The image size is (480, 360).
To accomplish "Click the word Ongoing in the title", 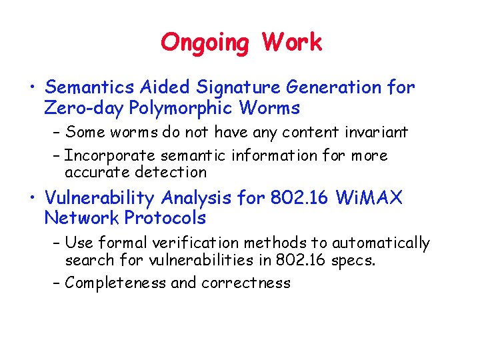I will tap(205, 43).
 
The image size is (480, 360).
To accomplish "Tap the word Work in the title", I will tap(292, 43).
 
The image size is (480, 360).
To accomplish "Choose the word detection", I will tap(171, 172).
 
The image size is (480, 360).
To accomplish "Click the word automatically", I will tap(381, 243).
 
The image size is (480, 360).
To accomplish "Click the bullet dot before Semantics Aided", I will tap(31, 87).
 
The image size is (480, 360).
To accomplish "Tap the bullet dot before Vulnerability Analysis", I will tap(31, 198).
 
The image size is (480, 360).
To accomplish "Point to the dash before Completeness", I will tap(56, 283).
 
